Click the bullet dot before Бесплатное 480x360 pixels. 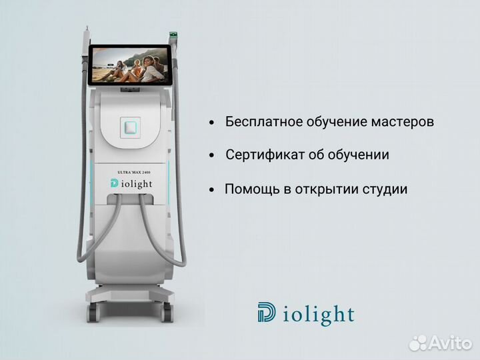(x=211, y=123)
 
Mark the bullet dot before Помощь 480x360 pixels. (x=211, y=189)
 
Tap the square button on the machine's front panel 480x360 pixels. (x=129, y=127)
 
